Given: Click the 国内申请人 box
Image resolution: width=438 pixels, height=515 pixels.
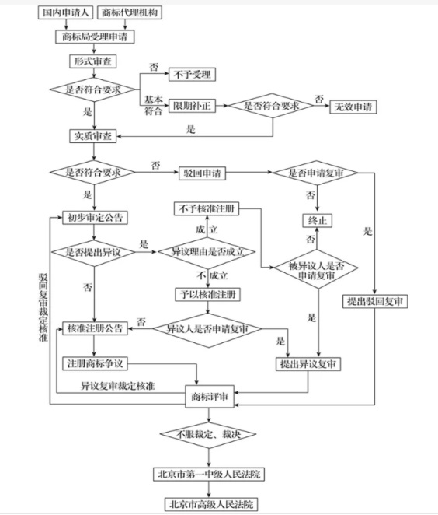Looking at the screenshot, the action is pos(65,12).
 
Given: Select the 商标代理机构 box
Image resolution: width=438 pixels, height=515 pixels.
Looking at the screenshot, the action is pos(130,12).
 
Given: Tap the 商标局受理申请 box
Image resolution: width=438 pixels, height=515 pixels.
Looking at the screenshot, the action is pos(95,37).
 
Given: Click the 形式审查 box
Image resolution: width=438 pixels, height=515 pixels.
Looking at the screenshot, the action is pos(92,61).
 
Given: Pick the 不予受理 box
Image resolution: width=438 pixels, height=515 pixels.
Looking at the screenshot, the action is pos(192,74).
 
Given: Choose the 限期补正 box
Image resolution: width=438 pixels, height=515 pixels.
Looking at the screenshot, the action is pos(192,106).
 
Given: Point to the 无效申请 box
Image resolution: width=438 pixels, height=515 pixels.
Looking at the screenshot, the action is pos(353,107).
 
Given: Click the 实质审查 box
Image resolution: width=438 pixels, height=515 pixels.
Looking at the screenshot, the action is pos(92,136).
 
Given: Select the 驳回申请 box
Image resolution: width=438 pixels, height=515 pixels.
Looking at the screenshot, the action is pos(202,173).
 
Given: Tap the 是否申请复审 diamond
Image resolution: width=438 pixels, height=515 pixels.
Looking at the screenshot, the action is pos(315,173).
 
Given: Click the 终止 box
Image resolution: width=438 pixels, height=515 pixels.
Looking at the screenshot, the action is pos(317,220).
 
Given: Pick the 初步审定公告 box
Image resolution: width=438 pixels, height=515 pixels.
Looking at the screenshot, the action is pos(95,217).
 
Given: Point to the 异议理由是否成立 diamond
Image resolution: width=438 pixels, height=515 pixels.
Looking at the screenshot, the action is pos(207,252).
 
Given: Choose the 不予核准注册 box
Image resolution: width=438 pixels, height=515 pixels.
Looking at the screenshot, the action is pos(207,208).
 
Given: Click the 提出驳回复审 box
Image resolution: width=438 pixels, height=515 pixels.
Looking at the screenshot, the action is pos(375,301).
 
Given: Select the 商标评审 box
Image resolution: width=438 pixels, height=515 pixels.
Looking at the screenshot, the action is pos(210,397).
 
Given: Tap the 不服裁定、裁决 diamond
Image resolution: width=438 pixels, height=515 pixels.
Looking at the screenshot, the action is pos(208,434).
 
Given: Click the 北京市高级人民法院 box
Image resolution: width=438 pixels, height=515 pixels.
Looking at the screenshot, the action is pos(211,504).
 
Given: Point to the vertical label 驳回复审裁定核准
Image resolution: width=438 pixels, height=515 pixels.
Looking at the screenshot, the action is pos(43,307).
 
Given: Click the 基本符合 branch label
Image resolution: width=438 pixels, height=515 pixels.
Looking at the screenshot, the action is pos(154,105).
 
